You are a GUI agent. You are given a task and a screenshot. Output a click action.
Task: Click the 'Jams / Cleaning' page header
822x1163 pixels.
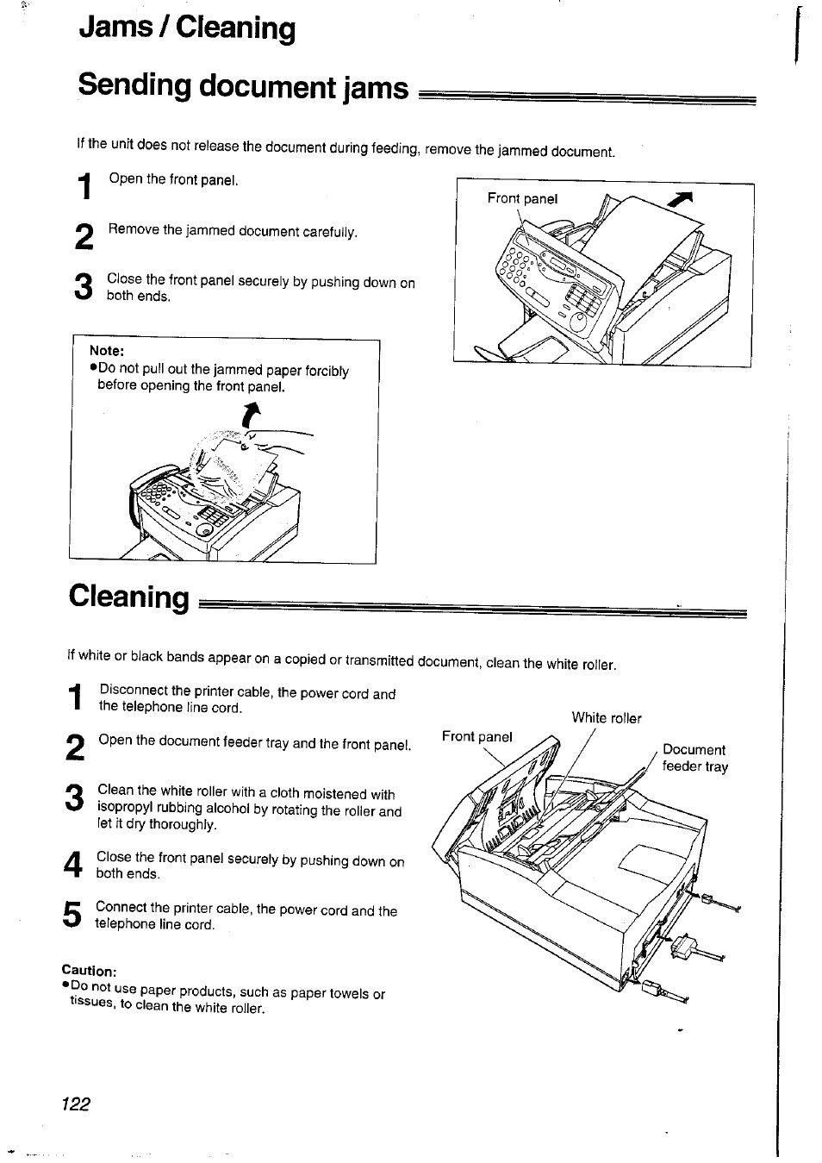[x=186, y=28]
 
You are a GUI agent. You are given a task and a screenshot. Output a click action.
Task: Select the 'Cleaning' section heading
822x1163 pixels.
[x=129, y=597]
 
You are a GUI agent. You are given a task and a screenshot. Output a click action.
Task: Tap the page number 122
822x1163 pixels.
[x=76, y=1104]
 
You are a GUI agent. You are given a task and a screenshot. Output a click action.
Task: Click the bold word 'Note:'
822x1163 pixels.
[x=107, y=351]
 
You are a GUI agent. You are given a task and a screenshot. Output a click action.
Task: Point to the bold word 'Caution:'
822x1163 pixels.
[x=89, y=971]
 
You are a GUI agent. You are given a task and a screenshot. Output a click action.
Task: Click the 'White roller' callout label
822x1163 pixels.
[x=607, y=717]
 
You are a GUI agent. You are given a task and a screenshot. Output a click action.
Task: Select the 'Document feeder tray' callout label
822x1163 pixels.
[x=694, y=758]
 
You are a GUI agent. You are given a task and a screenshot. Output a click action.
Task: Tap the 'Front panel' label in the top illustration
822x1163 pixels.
[x=522, y=198]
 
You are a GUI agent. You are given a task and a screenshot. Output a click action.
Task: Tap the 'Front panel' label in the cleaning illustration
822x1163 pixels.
[x=476, y=736]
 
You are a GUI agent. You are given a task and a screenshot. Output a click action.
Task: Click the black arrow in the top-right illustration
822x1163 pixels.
[x=682, y=202]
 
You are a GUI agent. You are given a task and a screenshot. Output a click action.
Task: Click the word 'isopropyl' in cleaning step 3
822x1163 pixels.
[x=124, y=809]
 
